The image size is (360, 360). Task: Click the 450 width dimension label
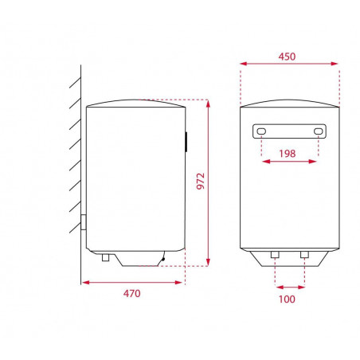[x=287, y=57]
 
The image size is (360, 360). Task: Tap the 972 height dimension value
[x=201, y=181]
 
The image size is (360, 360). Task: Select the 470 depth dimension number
[x=131, y=293]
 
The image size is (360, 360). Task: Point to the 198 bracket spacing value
[x=288, y=154]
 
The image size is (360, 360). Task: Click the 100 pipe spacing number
[x=287, y=299]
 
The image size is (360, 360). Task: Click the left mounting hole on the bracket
[x=261, y=131]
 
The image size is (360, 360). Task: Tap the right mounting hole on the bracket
[x=318, y=131]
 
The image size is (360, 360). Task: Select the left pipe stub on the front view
[x=275, y=255]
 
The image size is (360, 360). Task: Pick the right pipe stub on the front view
[x=304, y=255]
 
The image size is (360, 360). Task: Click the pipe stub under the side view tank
[x=105, y=257]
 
